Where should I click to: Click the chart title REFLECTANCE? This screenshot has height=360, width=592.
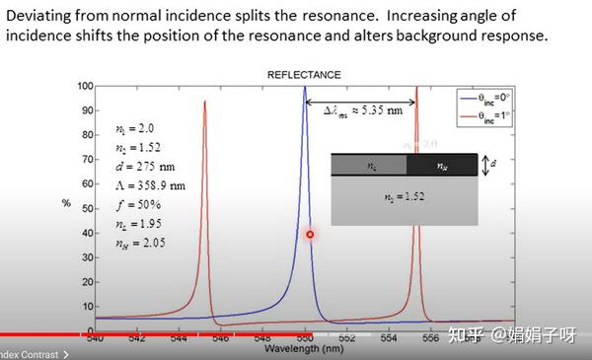tap(305, 75)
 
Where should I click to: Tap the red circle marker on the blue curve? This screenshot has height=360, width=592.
tap(310, 235)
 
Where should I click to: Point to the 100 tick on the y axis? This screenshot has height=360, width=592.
tap(86, 87)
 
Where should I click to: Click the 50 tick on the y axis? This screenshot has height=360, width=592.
tap(88, 208)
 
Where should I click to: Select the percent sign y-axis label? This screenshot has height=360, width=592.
tap(66, 203)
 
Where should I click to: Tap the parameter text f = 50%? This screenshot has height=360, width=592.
tap(137, 204)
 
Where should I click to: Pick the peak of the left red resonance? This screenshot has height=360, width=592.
tap(204, 103)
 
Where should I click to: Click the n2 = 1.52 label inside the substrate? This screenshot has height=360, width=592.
tap(404, 197)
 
